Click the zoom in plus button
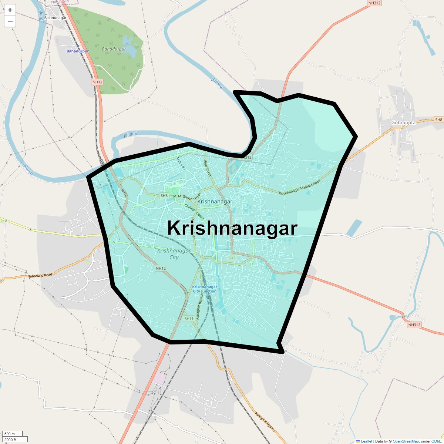[10, 10]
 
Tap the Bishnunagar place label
[55, 18]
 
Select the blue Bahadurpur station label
[77, 51]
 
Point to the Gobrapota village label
[403, 122]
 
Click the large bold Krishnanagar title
[232, 228]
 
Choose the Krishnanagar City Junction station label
[205, 289]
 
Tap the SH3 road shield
[232, 258]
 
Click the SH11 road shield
[189, 319]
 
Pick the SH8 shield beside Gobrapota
[438, 120]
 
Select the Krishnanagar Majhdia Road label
[300, 188]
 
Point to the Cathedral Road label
[195, 212]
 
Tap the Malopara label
[181, 164]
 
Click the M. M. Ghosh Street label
[186, 196]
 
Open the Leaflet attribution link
[366, 441]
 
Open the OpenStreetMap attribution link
[406, 441]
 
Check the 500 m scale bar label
[10, 434]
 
